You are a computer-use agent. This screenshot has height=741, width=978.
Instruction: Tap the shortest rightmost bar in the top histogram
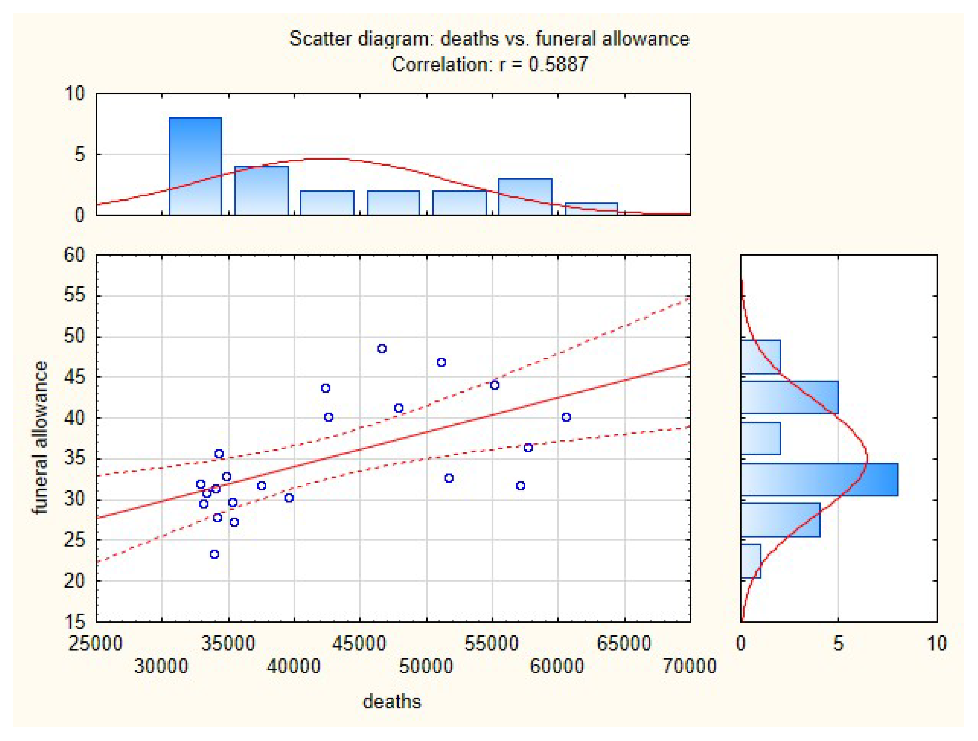coord(591,209)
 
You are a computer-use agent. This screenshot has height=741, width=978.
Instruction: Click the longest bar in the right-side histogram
coord(819,479)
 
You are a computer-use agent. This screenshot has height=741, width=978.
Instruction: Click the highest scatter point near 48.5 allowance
coord(382,348)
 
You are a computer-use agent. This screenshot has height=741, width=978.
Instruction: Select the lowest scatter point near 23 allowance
coord(214,554)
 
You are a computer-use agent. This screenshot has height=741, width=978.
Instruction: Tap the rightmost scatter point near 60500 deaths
coord(566,417)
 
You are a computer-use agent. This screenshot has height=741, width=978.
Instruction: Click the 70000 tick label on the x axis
coord(689,666)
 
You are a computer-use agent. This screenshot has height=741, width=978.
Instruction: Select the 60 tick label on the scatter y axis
coord(74,255)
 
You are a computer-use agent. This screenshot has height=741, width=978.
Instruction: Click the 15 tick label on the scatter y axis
coord(74,622)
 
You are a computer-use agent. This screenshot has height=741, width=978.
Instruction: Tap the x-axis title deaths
coord(392,702)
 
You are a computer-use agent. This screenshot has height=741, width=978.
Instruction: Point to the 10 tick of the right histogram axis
coord(936,643)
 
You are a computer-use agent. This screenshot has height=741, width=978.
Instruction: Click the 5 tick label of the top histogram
coord(80,155)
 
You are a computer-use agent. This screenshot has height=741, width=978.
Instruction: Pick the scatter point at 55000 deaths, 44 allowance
coord(495,385)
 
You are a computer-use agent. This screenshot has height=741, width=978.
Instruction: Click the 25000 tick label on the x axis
coord(95,643)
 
